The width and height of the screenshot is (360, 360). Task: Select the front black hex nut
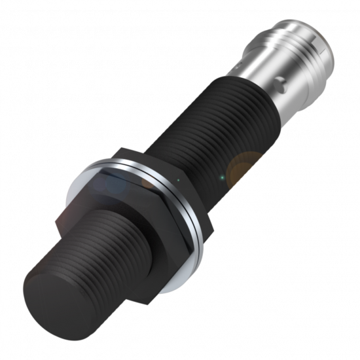coord(131,216)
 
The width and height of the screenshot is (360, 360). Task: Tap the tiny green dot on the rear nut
coord(177,178)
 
